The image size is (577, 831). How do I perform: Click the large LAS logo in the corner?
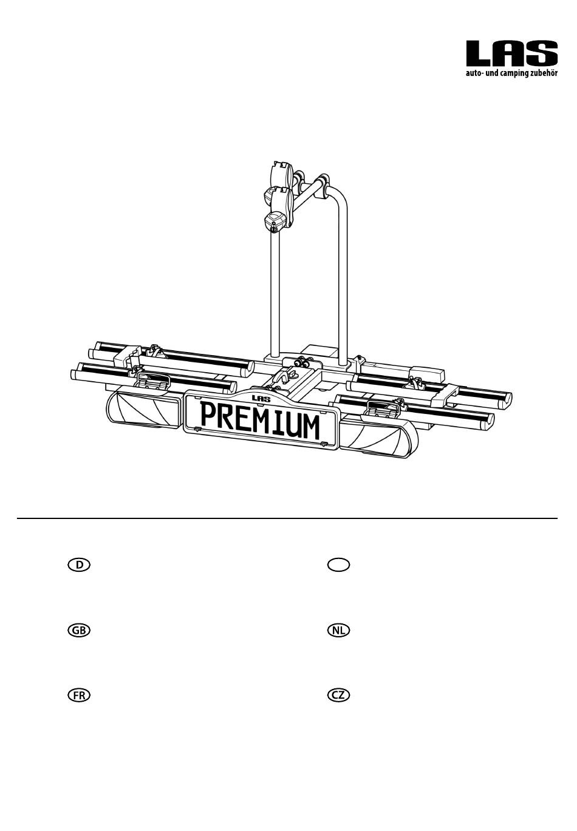pyautogui.click(x=512, y=54)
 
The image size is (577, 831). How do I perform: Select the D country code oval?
pyautogui.click(x=79, y=565)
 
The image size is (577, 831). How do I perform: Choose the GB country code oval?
pyautogui.click(x=79, y=630)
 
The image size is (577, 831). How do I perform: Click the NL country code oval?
pyautogui.click(x=339, y=630)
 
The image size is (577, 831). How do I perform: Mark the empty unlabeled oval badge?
pyautogui.click(x=339, y=565)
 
